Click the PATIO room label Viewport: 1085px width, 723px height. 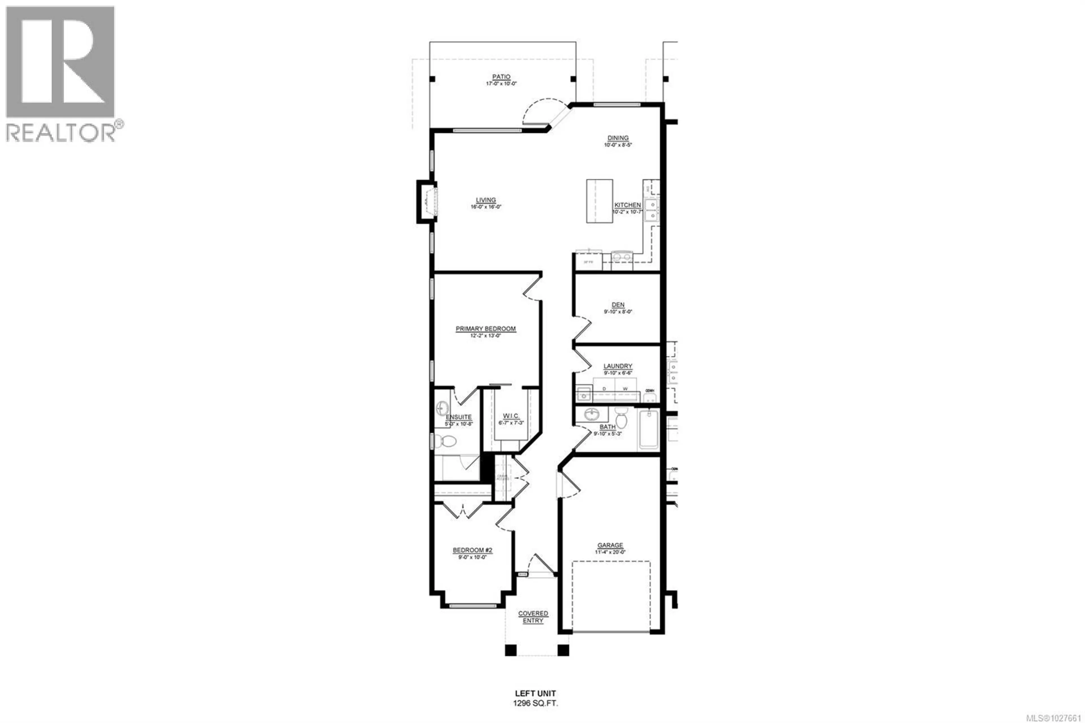(501, 77)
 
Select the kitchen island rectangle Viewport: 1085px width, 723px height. (599, 201)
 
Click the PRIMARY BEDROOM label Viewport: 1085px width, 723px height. (485, 329)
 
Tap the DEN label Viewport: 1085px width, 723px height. (618, 305)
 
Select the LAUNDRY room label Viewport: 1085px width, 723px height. (618, 366)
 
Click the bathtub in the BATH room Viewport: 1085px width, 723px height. (649, 430)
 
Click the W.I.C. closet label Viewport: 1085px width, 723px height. (508, 416)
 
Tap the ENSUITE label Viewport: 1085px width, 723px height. (459, 417)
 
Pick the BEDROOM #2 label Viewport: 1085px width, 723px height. (472, 550)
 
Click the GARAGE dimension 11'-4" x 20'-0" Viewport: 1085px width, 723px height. (610, 552)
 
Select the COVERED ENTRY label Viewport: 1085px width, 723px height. (533, 617)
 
